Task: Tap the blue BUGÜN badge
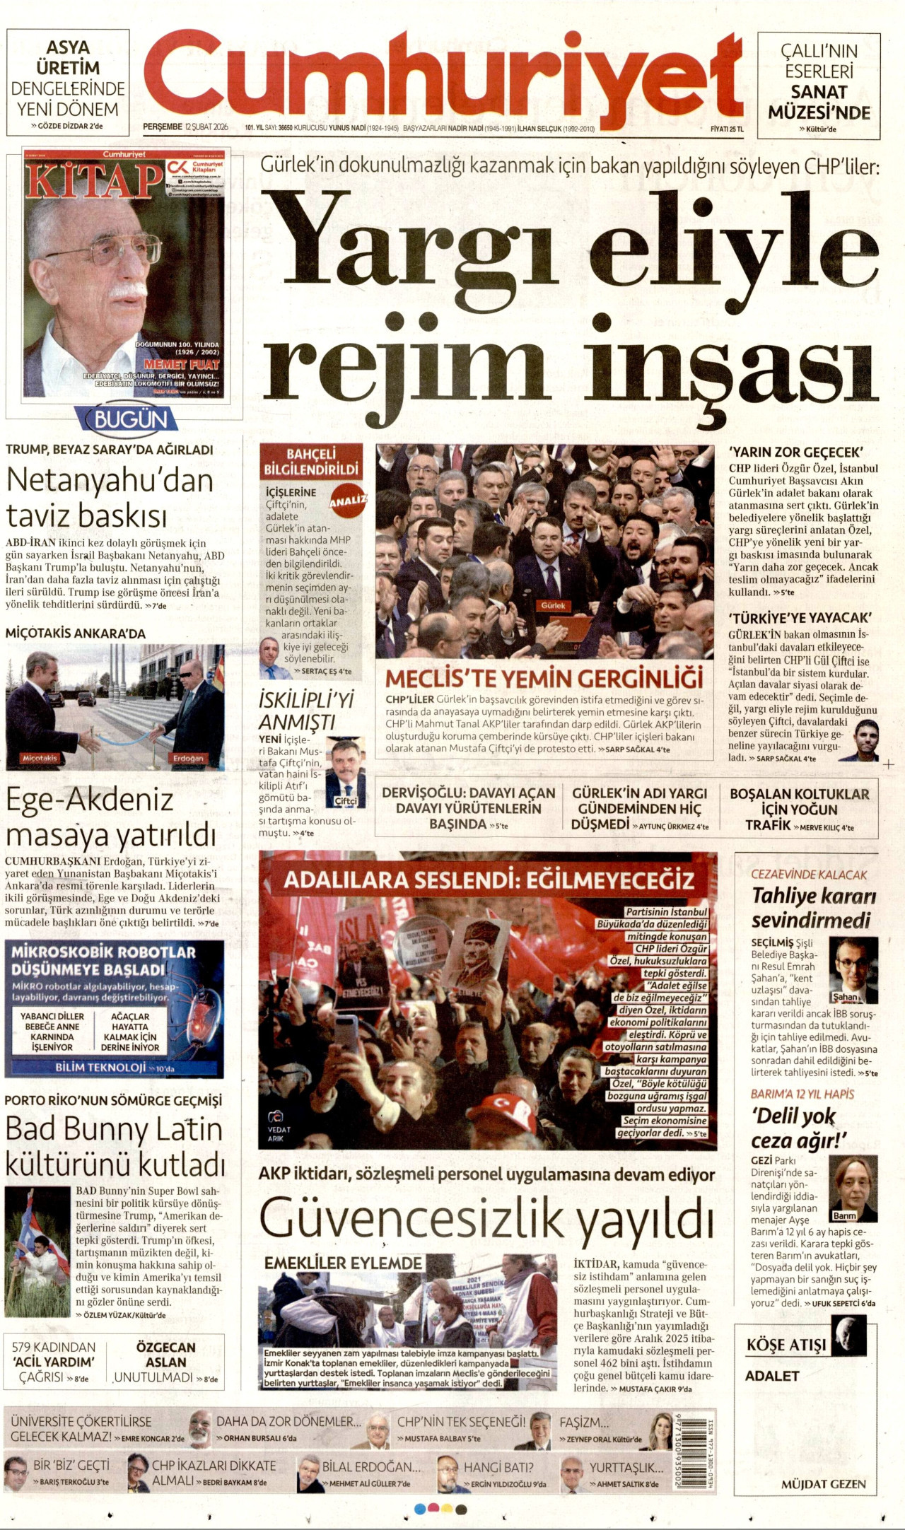point(131,420)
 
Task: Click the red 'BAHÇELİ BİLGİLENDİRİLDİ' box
point(311,462)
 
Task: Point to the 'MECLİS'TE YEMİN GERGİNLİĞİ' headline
point(544,678)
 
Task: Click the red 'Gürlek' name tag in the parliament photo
point(554,605)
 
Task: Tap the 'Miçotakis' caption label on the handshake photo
point(40,758)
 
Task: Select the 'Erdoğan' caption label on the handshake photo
point(188,758)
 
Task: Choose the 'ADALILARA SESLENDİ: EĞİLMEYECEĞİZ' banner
point(489,880)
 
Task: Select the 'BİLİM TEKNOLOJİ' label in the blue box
point(100,1066)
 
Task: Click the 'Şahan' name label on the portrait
point(845,997)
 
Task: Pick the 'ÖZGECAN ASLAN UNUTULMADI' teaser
point(166,1361)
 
